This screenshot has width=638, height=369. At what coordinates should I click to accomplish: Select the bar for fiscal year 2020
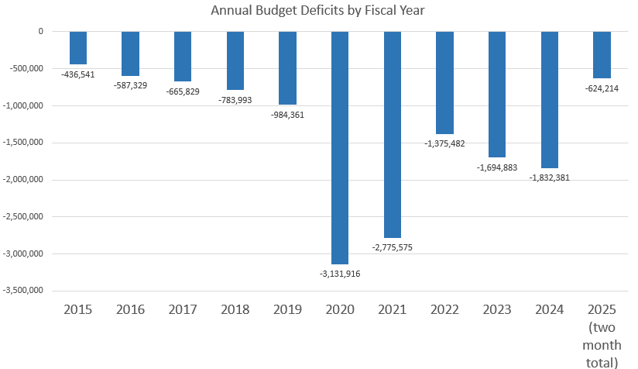point(340,147)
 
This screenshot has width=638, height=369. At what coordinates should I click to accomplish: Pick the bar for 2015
point(78,48)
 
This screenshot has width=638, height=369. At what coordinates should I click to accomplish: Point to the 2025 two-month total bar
point(602,55)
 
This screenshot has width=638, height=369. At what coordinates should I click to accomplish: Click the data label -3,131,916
point(340,273)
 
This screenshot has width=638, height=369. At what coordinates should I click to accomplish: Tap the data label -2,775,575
point(393,247)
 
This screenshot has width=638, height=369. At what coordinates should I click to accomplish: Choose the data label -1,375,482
point(445,143)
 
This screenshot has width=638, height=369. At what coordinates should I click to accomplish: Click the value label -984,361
point(288,114)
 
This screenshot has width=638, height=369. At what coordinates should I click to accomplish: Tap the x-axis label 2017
point(183,309)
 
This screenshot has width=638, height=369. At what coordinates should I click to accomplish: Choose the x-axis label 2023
point(497,309)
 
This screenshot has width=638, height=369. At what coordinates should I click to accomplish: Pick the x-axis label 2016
point(131,309)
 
